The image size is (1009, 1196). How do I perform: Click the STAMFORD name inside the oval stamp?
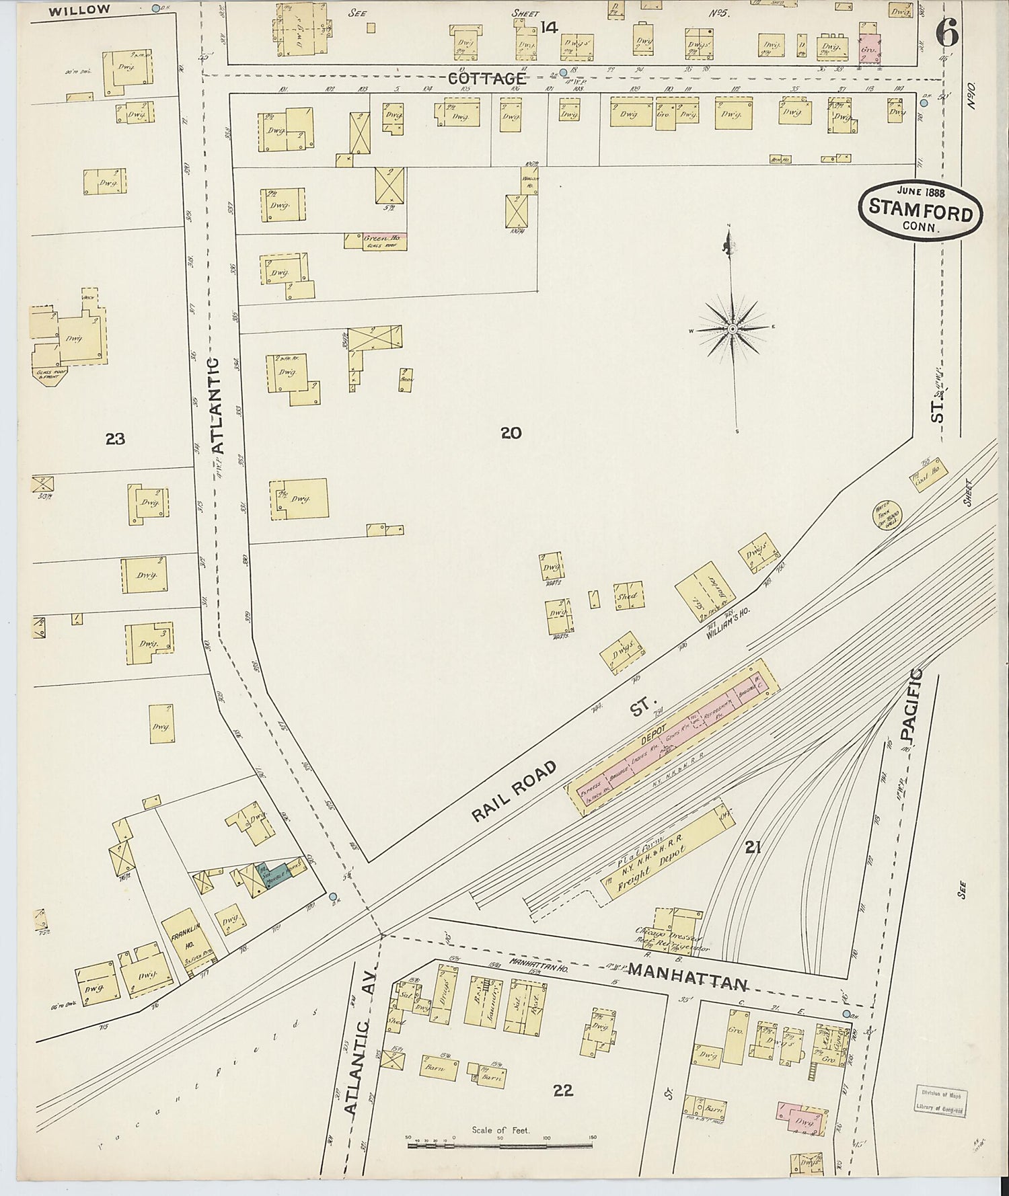920,210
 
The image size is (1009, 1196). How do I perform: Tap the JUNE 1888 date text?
920,191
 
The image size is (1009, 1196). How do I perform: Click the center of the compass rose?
733,329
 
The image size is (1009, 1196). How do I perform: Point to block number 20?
511,433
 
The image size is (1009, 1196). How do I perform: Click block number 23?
115,439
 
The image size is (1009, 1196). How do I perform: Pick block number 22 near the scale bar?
563,1090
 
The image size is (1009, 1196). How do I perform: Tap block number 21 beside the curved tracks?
752,848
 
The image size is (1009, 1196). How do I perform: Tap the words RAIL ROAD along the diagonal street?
515,792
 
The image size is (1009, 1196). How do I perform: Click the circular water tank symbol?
886,515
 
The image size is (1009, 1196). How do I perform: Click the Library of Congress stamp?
940,1101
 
